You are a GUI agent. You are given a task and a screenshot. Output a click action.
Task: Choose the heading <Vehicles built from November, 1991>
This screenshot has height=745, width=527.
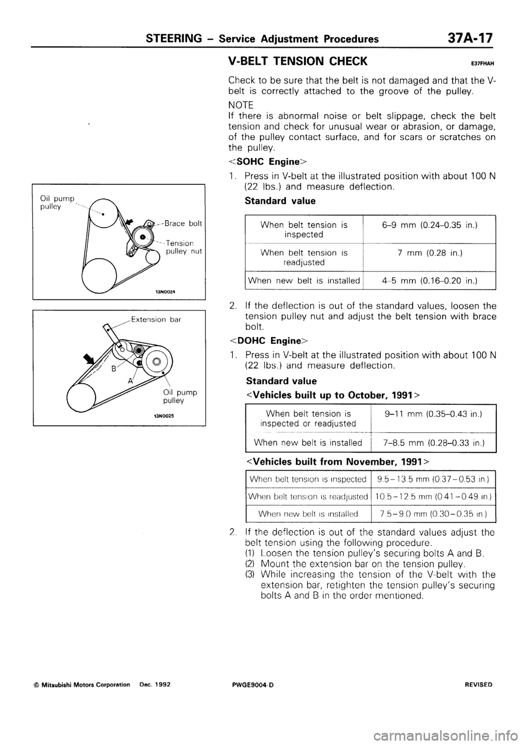[334, 461]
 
